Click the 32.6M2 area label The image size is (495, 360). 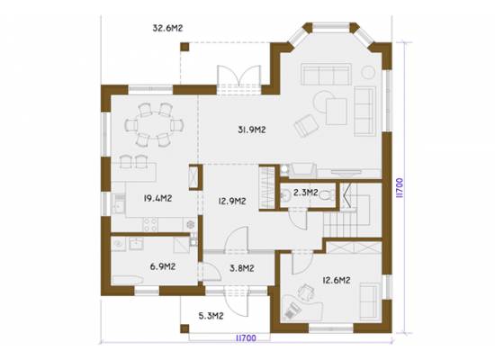(x=167, y=28)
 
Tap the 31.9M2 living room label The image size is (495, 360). (x=252, y=130)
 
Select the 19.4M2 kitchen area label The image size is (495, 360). (x=157, y=198)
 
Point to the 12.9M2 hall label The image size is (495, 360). (x=232, y=201)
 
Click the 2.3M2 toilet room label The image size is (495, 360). (x=305, y=193)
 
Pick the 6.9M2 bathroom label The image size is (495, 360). (x=163, y=266)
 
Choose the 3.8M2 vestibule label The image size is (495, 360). (x=242, y=268)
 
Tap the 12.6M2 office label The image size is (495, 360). (x=337, y=280)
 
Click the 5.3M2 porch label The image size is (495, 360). (x=211, y=316)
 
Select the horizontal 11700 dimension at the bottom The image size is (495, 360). (x=246, y=338)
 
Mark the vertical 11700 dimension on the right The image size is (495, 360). (x=400, y=188)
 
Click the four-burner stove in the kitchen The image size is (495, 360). (x=150, y=224)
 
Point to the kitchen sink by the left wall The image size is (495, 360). (x=119, y=203)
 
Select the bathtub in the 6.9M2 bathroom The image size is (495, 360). (x=128, y=280)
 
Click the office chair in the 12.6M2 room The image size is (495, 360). (x=306, y=292)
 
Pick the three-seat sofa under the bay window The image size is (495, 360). (x=326, y=74)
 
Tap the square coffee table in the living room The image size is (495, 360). (x=337, y=112)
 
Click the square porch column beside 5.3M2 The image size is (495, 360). (x=184, y=328)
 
